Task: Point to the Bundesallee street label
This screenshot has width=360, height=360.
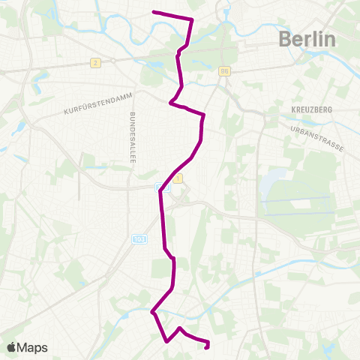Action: [x=133, y=139]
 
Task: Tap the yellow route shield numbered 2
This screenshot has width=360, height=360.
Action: [x=95, y=62]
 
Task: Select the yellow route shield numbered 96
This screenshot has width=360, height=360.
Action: [x=225, y=71]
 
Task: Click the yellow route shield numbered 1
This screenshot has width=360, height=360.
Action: [x=178, y=178]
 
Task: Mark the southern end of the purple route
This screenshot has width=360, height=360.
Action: [x=207, y=346]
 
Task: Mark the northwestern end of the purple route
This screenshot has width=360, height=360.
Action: [x=154, y=12]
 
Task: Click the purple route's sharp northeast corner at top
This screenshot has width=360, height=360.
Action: [x=192, y=19]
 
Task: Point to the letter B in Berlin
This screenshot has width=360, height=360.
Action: [x=285, y=39]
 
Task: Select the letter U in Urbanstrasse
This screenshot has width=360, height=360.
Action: [x=289, y=127]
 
